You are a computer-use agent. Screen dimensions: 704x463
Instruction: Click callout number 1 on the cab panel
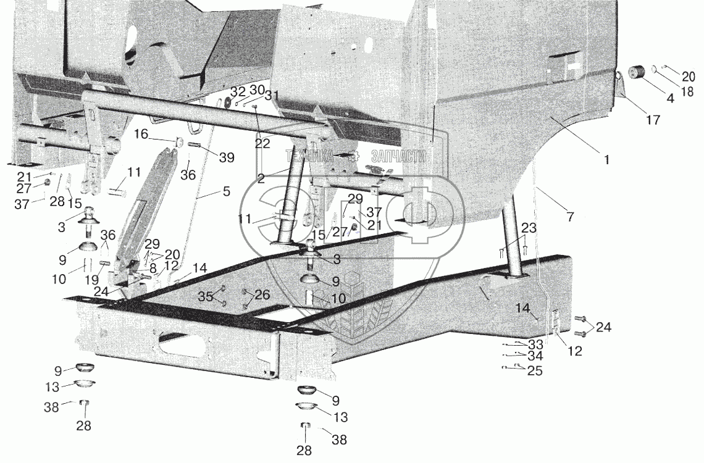(607, 159)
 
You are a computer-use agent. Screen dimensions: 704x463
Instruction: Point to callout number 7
(569, 217)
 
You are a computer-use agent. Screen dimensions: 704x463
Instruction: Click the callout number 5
(227, 191)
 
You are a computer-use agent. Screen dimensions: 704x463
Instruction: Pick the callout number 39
(227, 157)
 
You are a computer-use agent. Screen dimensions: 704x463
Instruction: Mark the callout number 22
(262, 143)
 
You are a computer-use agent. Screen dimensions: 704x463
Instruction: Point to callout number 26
(262, 296)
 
